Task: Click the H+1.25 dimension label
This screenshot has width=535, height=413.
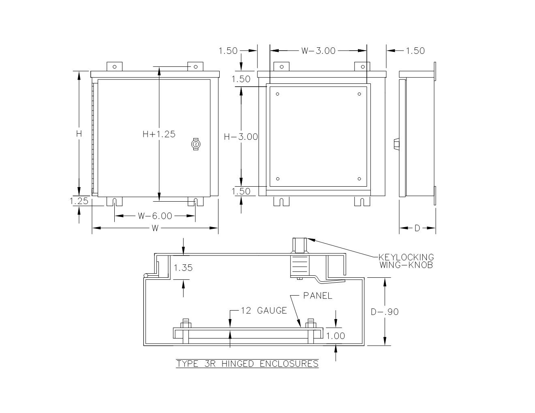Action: [x=159, y=134]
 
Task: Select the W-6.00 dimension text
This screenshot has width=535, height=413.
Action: [x=155, y=216]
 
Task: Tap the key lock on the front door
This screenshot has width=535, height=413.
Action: [x=196, y=145]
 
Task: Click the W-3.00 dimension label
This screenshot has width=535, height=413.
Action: [x=318, y=51]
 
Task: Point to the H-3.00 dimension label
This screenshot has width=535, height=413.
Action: [x=241, y=137]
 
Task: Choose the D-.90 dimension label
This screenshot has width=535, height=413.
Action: [x=385, y=312]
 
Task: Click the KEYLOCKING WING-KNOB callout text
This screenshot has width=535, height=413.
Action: [x=406, y=261]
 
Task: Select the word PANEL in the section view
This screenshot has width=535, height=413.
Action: [x=317, y=296]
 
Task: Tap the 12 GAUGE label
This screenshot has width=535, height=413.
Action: [x=263, y=311]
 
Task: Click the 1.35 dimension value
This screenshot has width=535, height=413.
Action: [x=183, y=268]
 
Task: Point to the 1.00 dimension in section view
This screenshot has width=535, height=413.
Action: [x=335, y=336]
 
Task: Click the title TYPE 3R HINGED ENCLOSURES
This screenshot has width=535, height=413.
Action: [x=247, y=364]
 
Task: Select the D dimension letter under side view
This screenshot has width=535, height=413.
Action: [x=417, y=228]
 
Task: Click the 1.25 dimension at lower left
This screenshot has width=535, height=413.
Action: [x=79, y=201]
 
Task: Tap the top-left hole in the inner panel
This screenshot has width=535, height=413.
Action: [x=278, y=94]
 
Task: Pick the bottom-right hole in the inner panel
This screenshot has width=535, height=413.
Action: [x=360, y=179]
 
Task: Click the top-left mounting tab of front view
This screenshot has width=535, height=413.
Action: [x=114, y=66]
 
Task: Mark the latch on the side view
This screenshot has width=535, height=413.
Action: [x=396, y=144]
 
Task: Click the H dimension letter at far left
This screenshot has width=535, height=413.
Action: [x=79, y=134]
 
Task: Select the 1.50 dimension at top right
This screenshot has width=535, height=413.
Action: [x=415, y=51]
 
